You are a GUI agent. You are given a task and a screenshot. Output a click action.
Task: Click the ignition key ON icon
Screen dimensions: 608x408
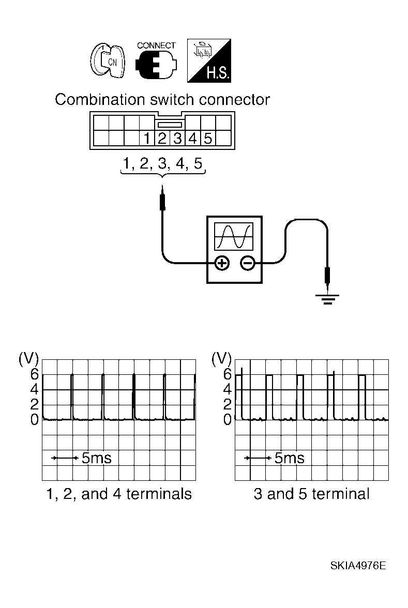107,61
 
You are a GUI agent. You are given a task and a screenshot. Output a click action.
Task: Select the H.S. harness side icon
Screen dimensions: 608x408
208,61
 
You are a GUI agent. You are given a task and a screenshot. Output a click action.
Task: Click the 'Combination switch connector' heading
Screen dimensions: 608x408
162,99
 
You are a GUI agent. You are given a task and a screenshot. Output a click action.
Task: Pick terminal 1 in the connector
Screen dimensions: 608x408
147,139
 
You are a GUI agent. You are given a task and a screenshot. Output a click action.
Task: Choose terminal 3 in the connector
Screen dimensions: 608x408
177,139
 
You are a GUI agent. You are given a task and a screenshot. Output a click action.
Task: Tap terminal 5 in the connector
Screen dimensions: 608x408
207,139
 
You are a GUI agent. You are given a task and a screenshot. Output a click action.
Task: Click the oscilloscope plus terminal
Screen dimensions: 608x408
222,264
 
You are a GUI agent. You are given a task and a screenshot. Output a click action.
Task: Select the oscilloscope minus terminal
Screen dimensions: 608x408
248,264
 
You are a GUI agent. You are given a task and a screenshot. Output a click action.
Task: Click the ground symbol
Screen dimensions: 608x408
327,299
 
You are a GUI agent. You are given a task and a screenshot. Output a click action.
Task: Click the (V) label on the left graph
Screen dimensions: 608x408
28,358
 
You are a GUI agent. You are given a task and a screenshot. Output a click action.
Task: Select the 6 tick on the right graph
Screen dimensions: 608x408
227,374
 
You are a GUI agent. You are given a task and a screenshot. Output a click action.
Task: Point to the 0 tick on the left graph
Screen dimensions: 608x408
34,420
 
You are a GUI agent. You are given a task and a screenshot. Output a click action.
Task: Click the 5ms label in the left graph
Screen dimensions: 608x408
96,458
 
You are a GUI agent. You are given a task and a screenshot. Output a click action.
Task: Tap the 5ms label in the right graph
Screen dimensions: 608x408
289,458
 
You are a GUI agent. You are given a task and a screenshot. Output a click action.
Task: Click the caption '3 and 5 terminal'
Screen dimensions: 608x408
311,494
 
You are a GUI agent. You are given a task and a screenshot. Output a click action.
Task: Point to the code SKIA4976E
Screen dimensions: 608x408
358,565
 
